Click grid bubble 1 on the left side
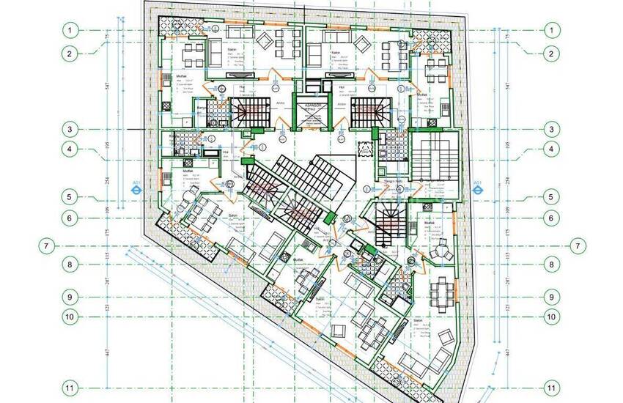[70, 30]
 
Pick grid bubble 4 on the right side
[552, 149]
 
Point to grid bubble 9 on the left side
[70, 297]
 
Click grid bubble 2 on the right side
[552, 53]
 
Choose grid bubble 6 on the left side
[70, 217]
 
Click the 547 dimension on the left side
[107, 86]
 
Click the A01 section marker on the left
[136, 186]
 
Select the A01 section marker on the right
[477, 185]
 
